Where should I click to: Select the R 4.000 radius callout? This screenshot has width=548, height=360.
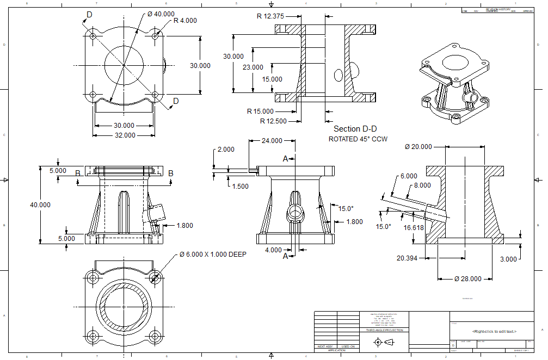pyautogui.click(x=185, y=21)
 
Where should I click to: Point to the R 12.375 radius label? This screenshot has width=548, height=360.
pyautogui.click(x=270, y=16)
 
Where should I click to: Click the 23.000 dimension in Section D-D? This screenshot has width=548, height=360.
pyautogui.click(x=253, y=67)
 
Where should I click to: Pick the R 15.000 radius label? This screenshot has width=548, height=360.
pyautogui.click(x=260, y=111)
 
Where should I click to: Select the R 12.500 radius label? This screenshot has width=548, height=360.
pyautogui.click(x=273, y=121)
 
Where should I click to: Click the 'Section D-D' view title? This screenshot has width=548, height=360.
pyautogui.click(x=355, y=129)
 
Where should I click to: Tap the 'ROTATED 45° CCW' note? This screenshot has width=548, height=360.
pyautogui.click(x=358, y=139)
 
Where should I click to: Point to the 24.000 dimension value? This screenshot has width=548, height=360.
pyautogui.click(x=272, y=140)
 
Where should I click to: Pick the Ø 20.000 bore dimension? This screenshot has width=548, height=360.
pyautogui.click(x=418, y=146)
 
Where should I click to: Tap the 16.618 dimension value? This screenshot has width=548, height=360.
pyautogui.click(x=414, y=227)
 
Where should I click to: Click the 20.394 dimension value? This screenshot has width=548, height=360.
pyautogui.click(x=407, y=258)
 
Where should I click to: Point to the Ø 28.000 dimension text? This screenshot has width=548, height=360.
pyautogui.click(x=467, y=278)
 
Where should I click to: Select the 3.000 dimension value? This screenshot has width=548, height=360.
pyautogui.click(x=508, y=259)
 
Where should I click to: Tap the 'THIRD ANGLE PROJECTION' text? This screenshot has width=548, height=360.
pyautogui.click(x=384, y=330)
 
